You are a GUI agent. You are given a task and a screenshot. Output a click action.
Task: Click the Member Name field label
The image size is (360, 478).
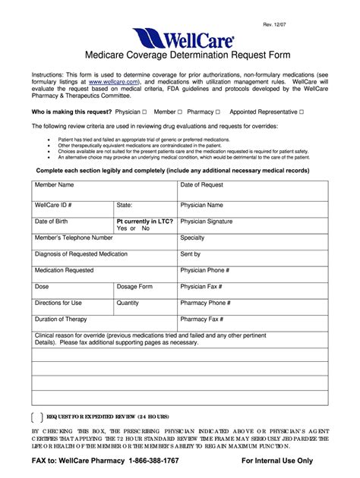55,184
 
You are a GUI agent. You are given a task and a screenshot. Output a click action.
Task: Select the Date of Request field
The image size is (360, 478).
202,184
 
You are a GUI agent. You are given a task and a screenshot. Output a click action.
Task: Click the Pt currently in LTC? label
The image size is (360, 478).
144,222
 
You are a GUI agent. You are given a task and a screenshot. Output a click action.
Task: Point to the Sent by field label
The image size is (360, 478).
191,254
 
